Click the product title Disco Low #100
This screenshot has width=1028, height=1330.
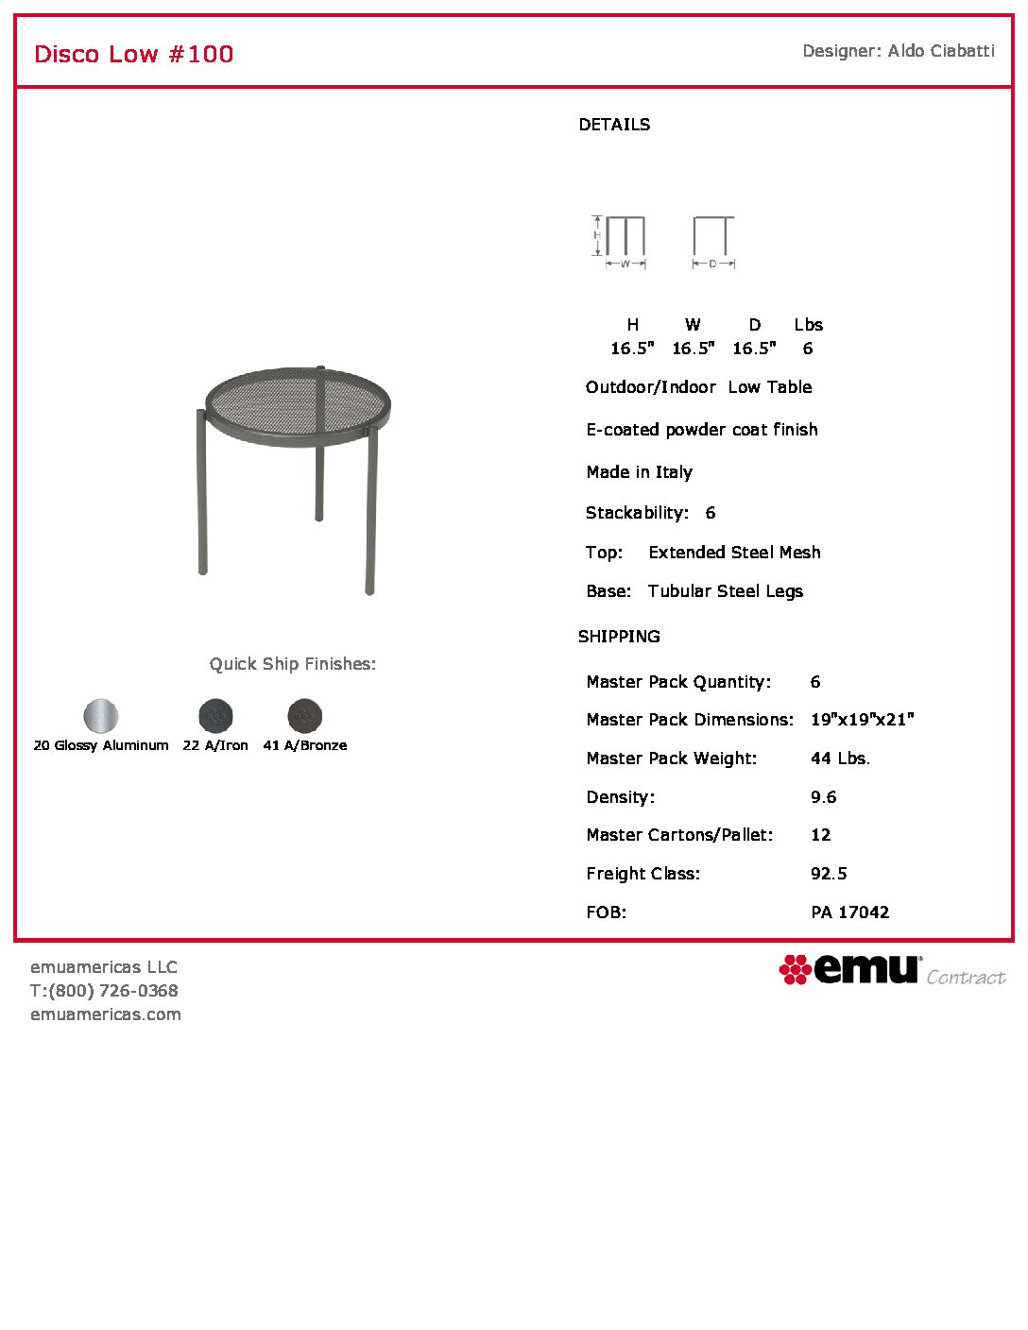(x=133, y=54)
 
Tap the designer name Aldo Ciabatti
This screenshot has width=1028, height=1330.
(x=941, y=51)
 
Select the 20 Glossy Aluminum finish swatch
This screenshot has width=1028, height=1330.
(x=101, y=716)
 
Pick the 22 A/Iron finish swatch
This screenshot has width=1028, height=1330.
(x=215, y=716)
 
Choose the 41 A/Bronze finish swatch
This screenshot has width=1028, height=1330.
(x=304, y=716)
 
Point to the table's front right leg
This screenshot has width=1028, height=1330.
(x=370, y=510)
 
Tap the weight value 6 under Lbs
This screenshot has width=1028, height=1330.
(x=808, y=349)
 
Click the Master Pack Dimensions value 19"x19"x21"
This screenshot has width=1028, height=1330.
(x=862, y=720)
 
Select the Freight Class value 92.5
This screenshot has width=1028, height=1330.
(x=829, y=874)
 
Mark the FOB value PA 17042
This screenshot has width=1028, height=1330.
(x=849, y=912)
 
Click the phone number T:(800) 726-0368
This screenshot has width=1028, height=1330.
(x=104, y=991)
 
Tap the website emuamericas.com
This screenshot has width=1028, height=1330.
(x=106, y=1015)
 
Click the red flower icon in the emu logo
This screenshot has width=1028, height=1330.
(x=795, y=969)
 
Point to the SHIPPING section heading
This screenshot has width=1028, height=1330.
(x=619, y=637)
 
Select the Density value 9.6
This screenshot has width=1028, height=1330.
(x=823, y=797)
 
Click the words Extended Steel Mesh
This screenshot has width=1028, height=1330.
(x=734, y=553)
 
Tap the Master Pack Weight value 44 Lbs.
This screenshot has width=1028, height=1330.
(x=840, y=759)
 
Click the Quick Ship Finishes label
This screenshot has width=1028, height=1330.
(x=293, y=664)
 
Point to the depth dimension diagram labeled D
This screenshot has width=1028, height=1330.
(x=713, y=241)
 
